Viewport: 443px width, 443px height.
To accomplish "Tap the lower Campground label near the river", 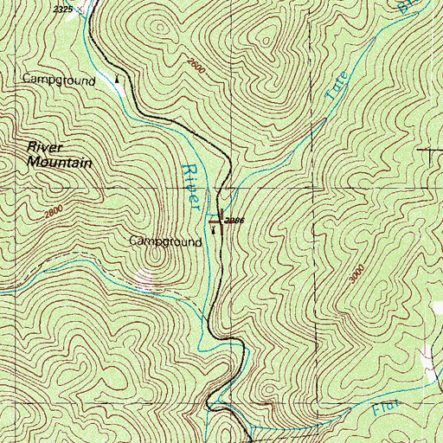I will pos(166,242).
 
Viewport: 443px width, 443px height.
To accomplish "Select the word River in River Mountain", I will pos(44,148).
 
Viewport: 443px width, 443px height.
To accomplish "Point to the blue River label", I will pos(192,183).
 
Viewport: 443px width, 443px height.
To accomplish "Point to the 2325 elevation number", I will pos(61,9).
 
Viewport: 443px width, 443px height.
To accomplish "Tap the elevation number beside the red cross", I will pos(234,221).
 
